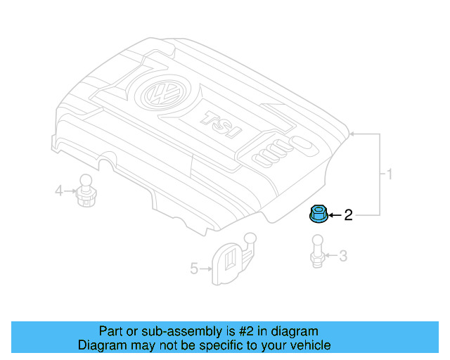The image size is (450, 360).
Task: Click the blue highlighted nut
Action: coord(316,214)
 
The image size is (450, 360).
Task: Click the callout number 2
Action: coord(348,215)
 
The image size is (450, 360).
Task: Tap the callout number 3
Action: coord(342,256)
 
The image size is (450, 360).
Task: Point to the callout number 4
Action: coord(59,189)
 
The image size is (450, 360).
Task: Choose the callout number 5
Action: coord(194,267)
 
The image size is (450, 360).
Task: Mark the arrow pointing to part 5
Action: coord(205,267)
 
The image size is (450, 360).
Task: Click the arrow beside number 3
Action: coord(331,256)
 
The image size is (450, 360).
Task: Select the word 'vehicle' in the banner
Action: coord(310,345)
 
